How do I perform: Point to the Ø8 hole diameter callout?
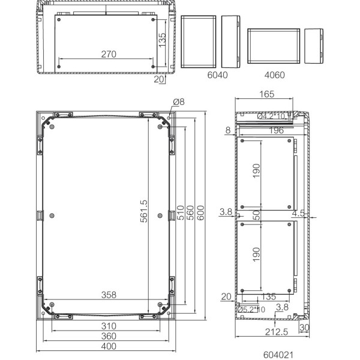[x=178, y=103]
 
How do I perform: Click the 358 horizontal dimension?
[x=109, y=295]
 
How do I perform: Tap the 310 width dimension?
[x=109, y=326]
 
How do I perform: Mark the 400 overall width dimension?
[x=109, y=347]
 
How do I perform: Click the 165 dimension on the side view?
[x=267, y=94]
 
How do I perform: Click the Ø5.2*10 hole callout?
[x=252, y=310]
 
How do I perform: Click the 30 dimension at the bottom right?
[x=305, y=328]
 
